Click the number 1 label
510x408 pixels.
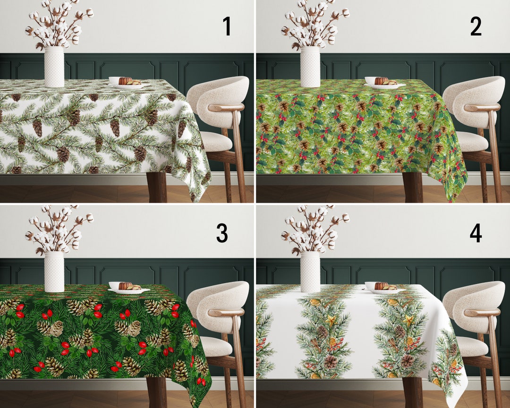227,26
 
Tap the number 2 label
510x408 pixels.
476,26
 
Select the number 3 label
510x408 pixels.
222,233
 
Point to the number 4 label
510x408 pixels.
476,233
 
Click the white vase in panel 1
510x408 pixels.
54,67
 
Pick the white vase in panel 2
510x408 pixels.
310,67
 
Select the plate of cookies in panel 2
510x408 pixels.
384,83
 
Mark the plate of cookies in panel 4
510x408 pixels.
384,288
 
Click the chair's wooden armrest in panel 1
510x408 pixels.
226,108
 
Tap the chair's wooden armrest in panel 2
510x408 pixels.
482,108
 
